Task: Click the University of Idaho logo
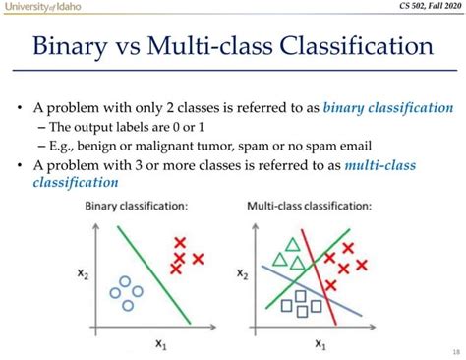(x=42, y=8)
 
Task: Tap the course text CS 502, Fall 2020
(x=421, y=8)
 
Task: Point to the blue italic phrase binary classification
(x=388, y=107)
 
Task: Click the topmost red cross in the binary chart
(x=179, y=241)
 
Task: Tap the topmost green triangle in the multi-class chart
(x=291, y=244)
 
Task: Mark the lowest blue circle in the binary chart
(x=126, y=306)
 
